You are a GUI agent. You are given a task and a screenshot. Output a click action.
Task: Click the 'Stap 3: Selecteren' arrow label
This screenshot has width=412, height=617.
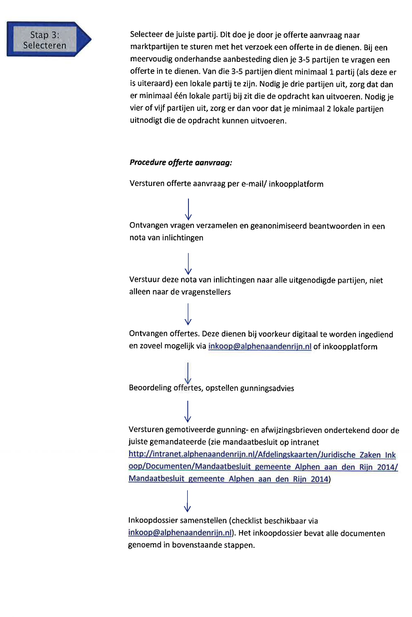[45, 40]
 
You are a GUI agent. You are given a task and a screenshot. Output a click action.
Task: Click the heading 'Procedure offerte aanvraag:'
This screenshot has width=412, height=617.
[181, 162]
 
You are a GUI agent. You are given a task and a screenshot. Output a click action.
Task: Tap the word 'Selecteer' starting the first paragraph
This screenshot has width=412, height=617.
[147, 35]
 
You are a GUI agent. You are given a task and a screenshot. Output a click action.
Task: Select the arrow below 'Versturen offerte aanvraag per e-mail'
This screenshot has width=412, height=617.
[188, 209]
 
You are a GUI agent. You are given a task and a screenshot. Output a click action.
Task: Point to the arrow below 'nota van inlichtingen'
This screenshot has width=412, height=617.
[188, 264]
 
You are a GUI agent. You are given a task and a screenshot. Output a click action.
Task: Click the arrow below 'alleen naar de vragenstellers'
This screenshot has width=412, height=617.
[188, 314]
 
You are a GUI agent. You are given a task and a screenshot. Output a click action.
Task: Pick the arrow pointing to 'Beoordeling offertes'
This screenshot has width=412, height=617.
[188, 373]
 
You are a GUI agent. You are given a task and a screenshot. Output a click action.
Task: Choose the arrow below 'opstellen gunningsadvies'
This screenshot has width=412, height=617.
[188, 411]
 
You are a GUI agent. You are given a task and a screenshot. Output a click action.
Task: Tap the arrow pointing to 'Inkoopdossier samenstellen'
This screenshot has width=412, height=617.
[187, 501]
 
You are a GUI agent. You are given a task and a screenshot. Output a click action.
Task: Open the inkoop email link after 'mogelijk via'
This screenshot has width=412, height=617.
[260, 346]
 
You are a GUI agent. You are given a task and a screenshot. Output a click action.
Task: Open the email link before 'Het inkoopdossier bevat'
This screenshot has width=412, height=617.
[180, 533]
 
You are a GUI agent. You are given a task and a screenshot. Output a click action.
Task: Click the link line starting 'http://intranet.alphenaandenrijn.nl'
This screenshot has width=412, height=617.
[262, 455]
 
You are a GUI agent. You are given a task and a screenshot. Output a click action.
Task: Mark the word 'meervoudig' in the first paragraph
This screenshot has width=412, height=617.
[151, 59]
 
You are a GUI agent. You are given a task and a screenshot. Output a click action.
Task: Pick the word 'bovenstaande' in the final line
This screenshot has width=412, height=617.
[196, 545]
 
